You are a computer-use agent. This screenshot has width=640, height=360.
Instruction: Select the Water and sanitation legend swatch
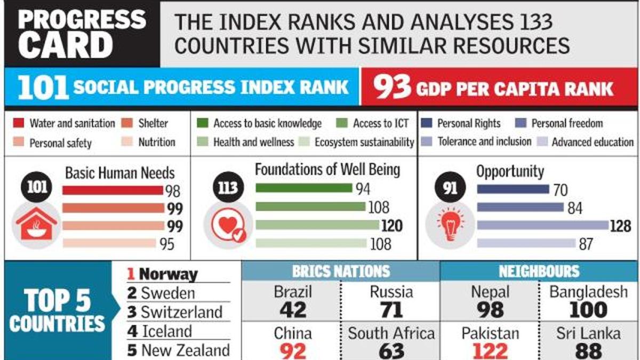[x=19, y=124]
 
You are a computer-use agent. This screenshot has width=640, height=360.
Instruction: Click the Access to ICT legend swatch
[x=342, y=124]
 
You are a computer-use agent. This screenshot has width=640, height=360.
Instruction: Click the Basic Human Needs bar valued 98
[x=113, y=190]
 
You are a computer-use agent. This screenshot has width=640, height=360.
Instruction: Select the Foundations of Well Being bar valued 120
[x=317, y=225]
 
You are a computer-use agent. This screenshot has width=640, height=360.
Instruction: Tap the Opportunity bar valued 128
[x=542, y=225]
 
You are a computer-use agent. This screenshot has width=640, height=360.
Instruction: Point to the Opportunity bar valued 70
[x=513, y=189]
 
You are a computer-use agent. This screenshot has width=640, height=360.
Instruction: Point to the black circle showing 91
[x=450, y=188]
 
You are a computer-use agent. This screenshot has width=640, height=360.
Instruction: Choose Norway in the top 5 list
[x=168, y=275]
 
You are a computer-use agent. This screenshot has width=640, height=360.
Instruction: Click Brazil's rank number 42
[x=293, y=310]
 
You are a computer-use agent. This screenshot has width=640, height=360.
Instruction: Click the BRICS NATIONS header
[x=341, y=270]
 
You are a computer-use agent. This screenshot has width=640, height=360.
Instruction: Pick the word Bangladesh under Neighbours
[x=588, y=292]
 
